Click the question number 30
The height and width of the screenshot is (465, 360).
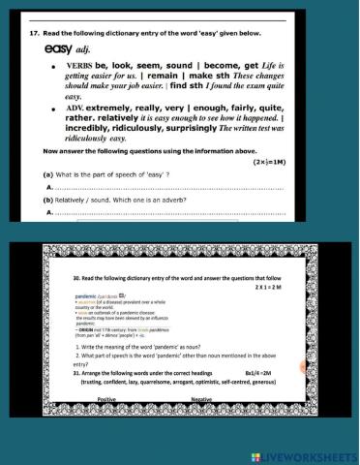click(x=77, y=276)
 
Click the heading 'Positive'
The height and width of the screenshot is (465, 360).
click(x=107, y=398)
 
